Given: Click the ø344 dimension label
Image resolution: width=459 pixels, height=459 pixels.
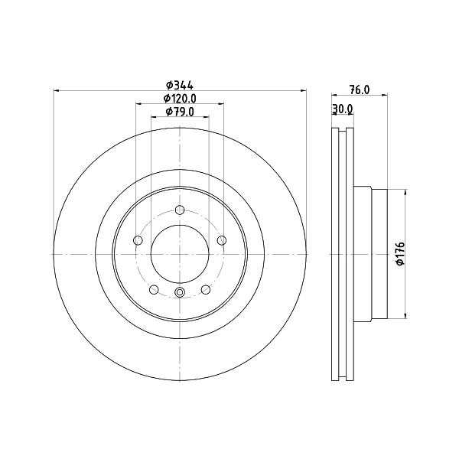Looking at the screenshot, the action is tap(180, 86).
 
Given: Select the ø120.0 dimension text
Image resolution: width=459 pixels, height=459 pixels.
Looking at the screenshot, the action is tap(180, 99).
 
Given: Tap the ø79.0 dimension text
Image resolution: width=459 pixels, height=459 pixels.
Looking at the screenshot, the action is tap(180, 112).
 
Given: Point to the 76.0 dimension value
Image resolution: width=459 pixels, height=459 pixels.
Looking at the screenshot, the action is tap(360, 90).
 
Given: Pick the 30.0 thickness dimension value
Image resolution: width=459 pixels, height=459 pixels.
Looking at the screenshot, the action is tap(343, 109).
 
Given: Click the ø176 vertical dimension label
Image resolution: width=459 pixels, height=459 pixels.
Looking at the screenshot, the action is tap(400, 254).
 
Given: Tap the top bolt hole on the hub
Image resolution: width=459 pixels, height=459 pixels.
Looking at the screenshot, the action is tap(180, 210).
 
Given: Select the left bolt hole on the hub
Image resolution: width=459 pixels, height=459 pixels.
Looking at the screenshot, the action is tap(138, 241).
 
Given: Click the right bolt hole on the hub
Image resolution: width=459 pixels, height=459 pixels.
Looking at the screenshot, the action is tap(222, 241).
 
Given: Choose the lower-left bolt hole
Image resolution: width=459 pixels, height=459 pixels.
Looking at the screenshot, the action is tap(154, 290).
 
